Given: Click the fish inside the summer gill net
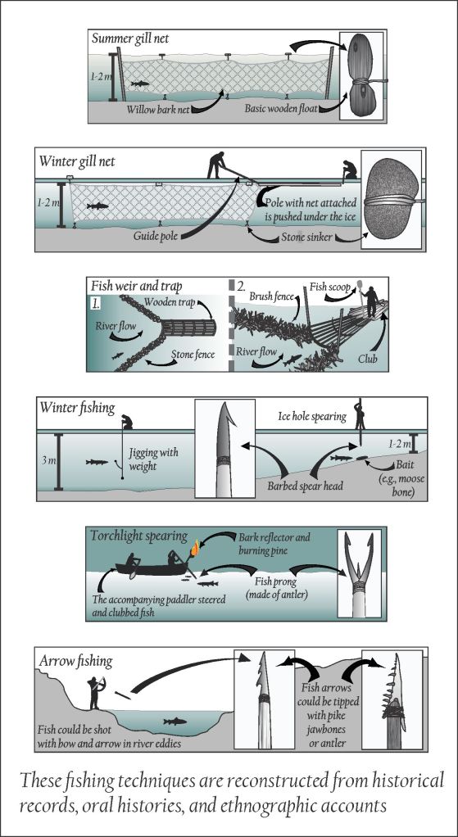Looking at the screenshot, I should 140,83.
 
